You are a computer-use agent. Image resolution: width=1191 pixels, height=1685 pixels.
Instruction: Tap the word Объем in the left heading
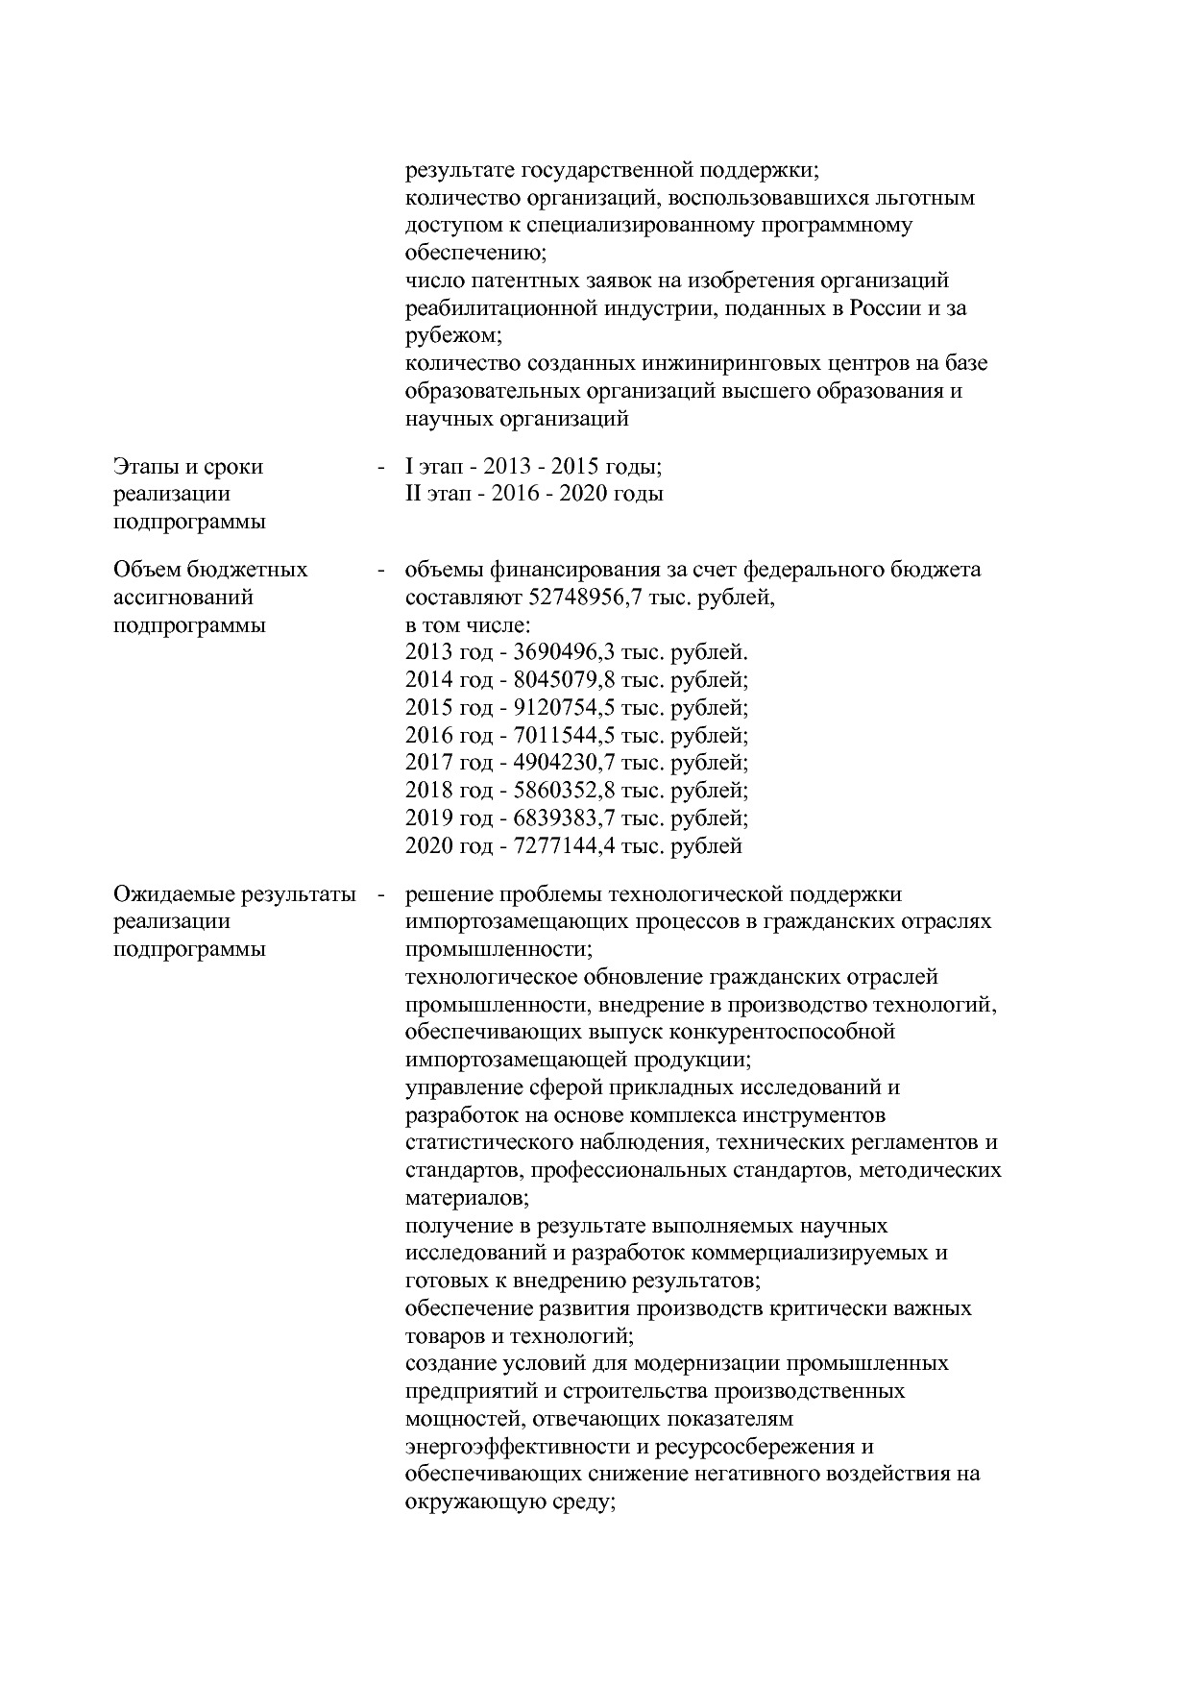click(144, 570)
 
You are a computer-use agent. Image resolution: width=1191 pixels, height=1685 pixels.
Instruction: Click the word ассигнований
click(183, 598)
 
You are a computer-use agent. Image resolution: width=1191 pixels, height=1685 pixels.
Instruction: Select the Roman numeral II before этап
click(413, 494)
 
